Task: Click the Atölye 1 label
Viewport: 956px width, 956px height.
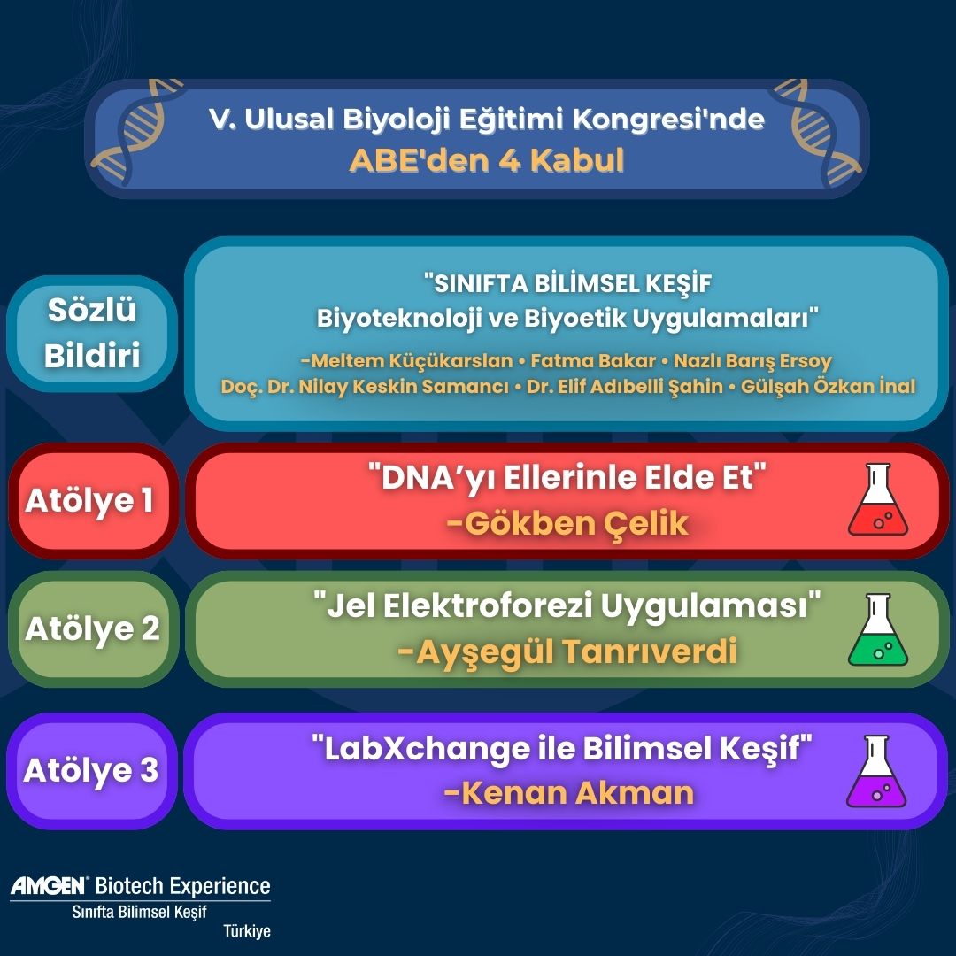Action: click(x=89, y=500)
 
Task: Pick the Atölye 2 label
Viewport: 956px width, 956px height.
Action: click(x=92, y=629)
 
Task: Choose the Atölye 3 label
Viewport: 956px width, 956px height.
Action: click(x=90, y=770)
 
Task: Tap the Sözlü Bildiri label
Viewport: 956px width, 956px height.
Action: click(x=91, y=335)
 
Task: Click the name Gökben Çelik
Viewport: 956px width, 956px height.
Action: click(x=567, y=523)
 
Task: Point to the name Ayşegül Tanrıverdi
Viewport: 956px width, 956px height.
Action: click(x=567, y=652)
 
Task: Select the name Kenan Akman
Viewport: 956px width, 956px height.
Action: click(x=568, y=793)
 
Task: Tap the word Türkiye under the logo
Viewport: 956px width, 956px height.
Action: click(x=247, y=931)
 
